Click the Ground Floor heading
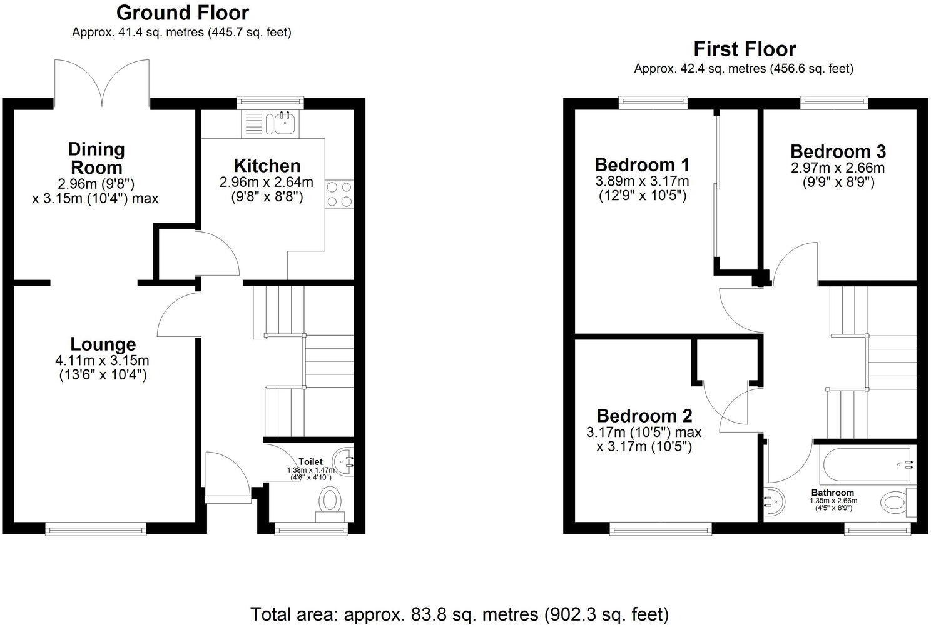tap(182, 13)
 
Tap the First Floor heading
tap(744, 49)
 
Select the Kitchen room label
tap(267, 166)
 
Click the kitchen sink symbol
tap(285, 123)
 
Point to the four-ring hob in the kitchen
tap(338, 193)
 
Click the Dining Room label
tap(96, 158)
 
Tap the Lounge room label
tap(103, 344)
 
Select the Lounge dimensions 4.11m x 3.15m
tap(103, 361)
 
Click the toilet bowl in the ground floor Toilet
tap(331, 501)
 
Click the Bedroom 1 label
tap(641, 165)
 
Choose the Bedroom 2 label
tap(644, 416)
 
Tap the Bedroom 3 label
tap(837, 151)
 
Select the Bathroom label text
tap(833, 493)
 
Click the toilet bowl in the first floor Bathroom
tap(895, 502)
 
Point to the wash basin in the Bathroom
tap(773, 501)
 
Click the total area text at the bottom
tap(459, 614)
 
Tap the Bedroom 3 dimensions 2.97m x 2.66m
tap(837, 168)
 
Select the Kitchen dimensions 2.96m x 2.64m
tap(267, 183)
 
